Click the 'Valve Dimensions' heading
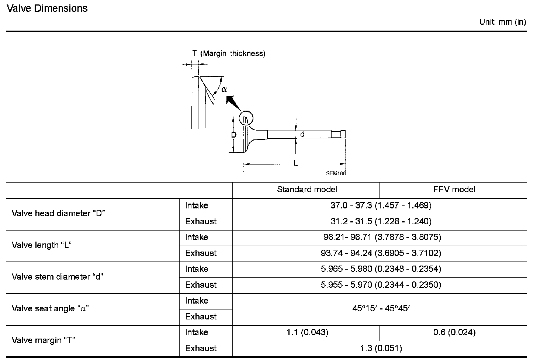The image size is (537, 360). coord(47,8)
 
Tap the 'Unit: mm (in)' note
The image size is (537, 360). coord(502,22)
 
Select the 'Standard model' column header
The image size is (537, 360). coord(307,190)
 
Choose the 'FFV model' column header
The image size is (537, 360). coord(454,190)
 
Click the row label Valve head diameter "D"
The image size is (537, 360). coord(59,214)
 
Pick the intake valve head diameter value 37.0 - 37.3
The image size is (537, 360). coord(381,205)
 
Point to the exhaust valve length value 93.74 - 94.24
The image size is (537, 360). coord(381,253)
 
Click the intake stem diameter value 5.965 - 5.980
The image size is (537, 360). coord(381,269)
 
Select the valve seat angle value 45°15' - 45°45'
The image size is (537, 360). coord(381,308)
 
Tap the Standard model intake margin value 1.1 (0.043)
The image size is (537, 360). coord(307,332)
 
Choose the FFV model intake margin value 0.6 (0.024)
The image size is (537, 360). coord(454,332)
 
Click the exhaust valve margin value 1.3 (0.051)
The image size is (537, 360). coord(381,348)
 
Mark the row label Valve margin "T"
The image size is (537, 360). coord(44,340)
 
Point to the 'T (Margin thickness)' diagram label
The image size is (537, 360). coord(229,53)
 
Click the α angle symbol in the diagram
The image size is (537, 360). coord(224,89)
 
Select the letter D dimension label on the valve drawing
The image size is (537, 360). coord(234,135)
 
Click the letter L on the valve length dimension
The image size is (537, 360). coord(295,163)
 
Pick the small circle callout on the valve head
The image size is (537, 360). coord(246,118)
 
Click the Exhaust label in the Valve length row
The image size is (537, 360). coord(201,253)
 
